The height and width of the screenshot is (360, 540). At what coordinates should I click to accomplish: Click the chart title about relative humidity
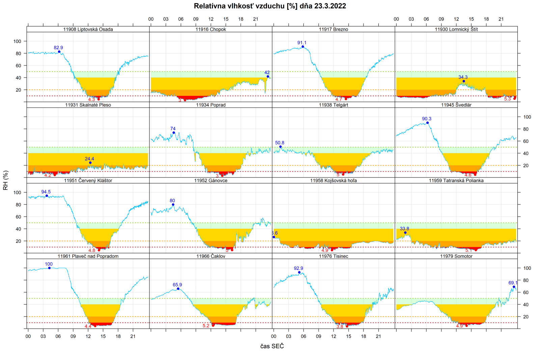[x=270, y=6]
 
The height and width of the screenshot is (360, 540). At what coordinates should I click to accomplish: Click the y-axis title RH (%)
[x=5, y=180]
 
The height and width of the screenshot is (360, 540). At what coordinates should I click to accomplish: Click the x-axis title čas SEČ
[x=272, y=346]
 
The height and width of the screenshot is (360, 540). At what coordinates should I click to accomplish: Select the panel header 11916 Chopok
[x=211, y=29]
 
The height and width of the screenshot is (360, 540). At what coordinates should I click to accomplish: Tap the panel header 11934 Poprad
[x=211, y=105]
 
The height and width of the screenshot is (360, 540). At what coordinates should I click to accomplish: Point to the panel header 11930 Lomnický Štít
[x=456, y=29]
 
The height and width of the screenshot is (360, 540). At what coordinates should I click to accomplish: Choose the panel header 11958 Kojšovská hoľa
[x=333, y=181]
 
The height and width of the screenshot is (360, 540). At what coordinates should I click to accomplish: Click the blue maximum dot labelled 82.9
[x=59, y=52]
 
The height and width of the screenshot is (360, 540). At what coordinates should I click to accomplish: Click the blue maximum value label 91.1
[x=302, y=43]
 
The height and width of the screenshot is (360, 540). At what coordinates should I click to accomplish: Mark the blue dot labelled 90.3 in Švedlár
[x=427, y=123]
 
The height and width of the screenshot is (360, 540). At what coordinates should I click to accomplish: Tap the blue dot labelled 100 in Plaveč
[x=49, y=268]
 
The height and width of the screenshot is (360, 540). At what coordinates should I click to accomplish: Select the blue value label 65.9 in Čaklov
[x=177, y=285]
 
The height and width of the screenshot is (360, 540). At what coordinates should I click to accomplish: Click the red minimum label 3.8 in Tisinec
[x=340, y=327]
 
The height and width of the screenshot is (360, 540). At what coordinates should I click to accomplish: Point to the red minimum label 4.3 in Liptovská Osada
[x=91, y=100]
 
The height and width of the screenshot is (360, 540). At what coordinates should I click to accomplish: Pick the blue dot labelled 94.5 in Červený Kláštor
[x=47, y=196]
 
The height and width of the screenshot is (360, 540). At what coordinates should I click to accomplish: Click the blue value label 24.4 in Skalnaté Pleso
[x=89, y=159]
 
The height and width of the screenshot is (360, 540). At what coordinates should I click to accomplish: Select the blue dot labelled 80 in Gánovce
[x=173, y=204]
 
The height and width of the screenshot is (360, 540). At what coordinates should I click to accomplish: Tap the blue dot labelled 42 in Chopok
[x=268, y=77]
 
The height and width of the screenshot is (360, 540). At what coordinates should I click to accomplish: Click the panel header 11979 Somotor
[x=456, y=256]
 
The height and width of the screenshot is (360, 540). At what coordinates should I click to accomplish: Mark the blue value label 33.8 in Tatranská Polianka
[x=404, y=229]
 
